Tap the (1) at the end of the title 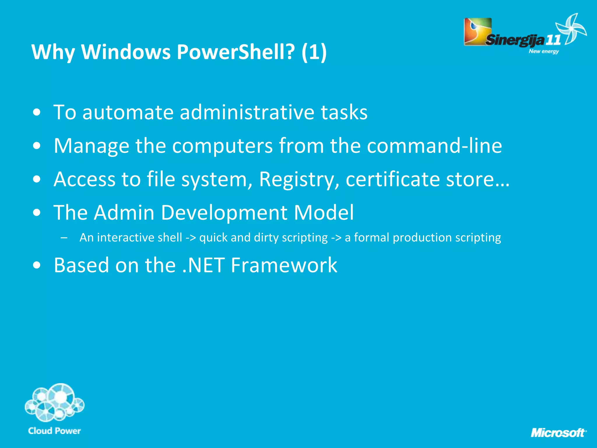pos(314,52)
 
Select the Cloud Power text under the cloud pos(55,431)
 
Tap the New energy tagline pos(544,51)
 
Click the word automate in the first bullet pos(128,112)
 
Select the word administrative pos(247,112)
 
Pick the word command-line pos(434,146)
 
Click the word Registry pos(299,179)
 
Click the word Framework pos(284,265)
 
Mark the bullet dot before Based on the pos(37,265)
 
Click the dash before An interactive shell pos(64,238)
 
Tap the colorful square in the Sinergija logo pos(477,31)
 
